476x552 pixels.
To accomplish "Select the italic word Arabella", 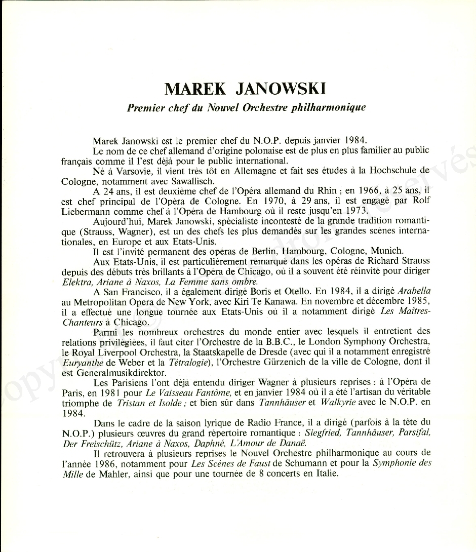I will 415,291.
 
